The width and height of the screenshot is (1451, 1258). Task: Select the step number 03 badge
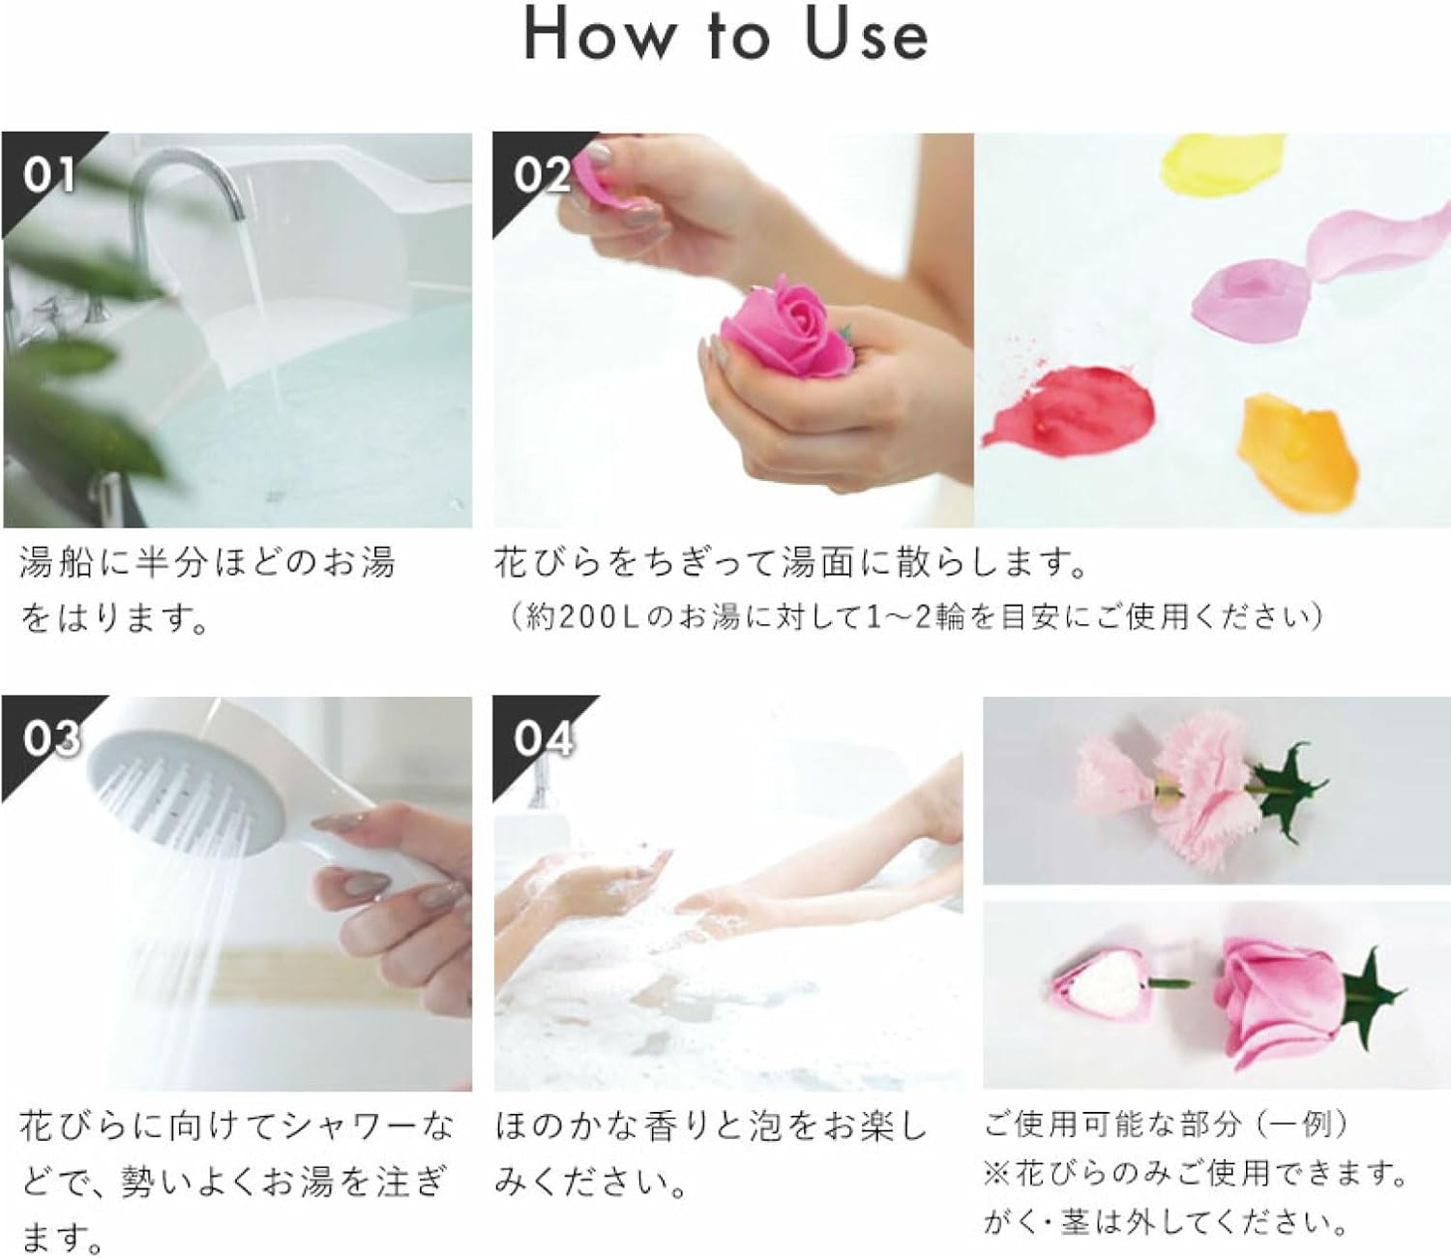48,739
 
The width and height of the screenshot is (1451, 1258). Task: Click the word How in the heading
600,36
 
